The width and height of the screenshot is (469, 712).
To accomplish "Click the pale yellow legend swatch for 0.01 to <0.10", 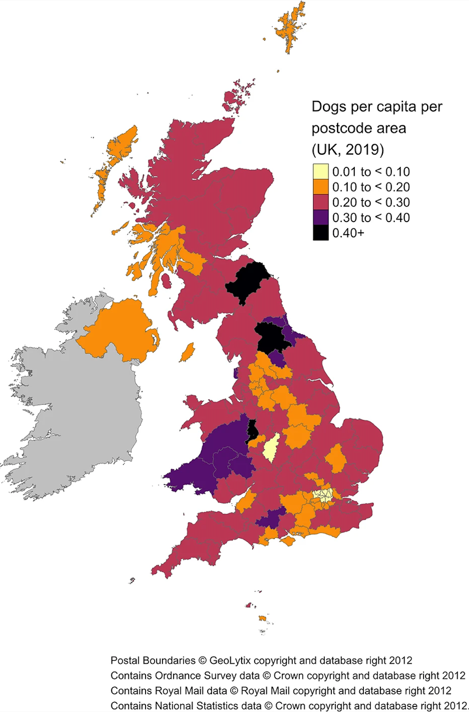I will (320, 171).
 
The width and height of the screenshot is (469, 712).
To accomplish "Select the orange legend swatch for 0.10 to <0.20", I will (320, 187).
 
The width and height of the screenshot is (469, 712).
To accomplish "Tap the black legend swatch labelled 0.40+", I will (320, 233).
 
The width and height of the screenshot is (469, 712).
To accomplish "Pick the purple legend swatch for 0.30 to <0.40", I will (320, 217).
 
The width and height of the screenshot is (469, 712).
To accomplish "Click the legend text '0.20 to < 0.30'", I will (371, 202).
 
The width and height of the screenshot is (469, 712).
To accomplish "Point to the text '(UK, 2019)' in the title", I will (348, 150).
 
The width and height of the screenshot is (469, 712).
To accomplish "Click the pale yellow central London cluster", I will (323, 495).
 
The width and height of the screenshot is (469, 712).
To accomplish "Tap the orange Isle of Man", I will (187, 352).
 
